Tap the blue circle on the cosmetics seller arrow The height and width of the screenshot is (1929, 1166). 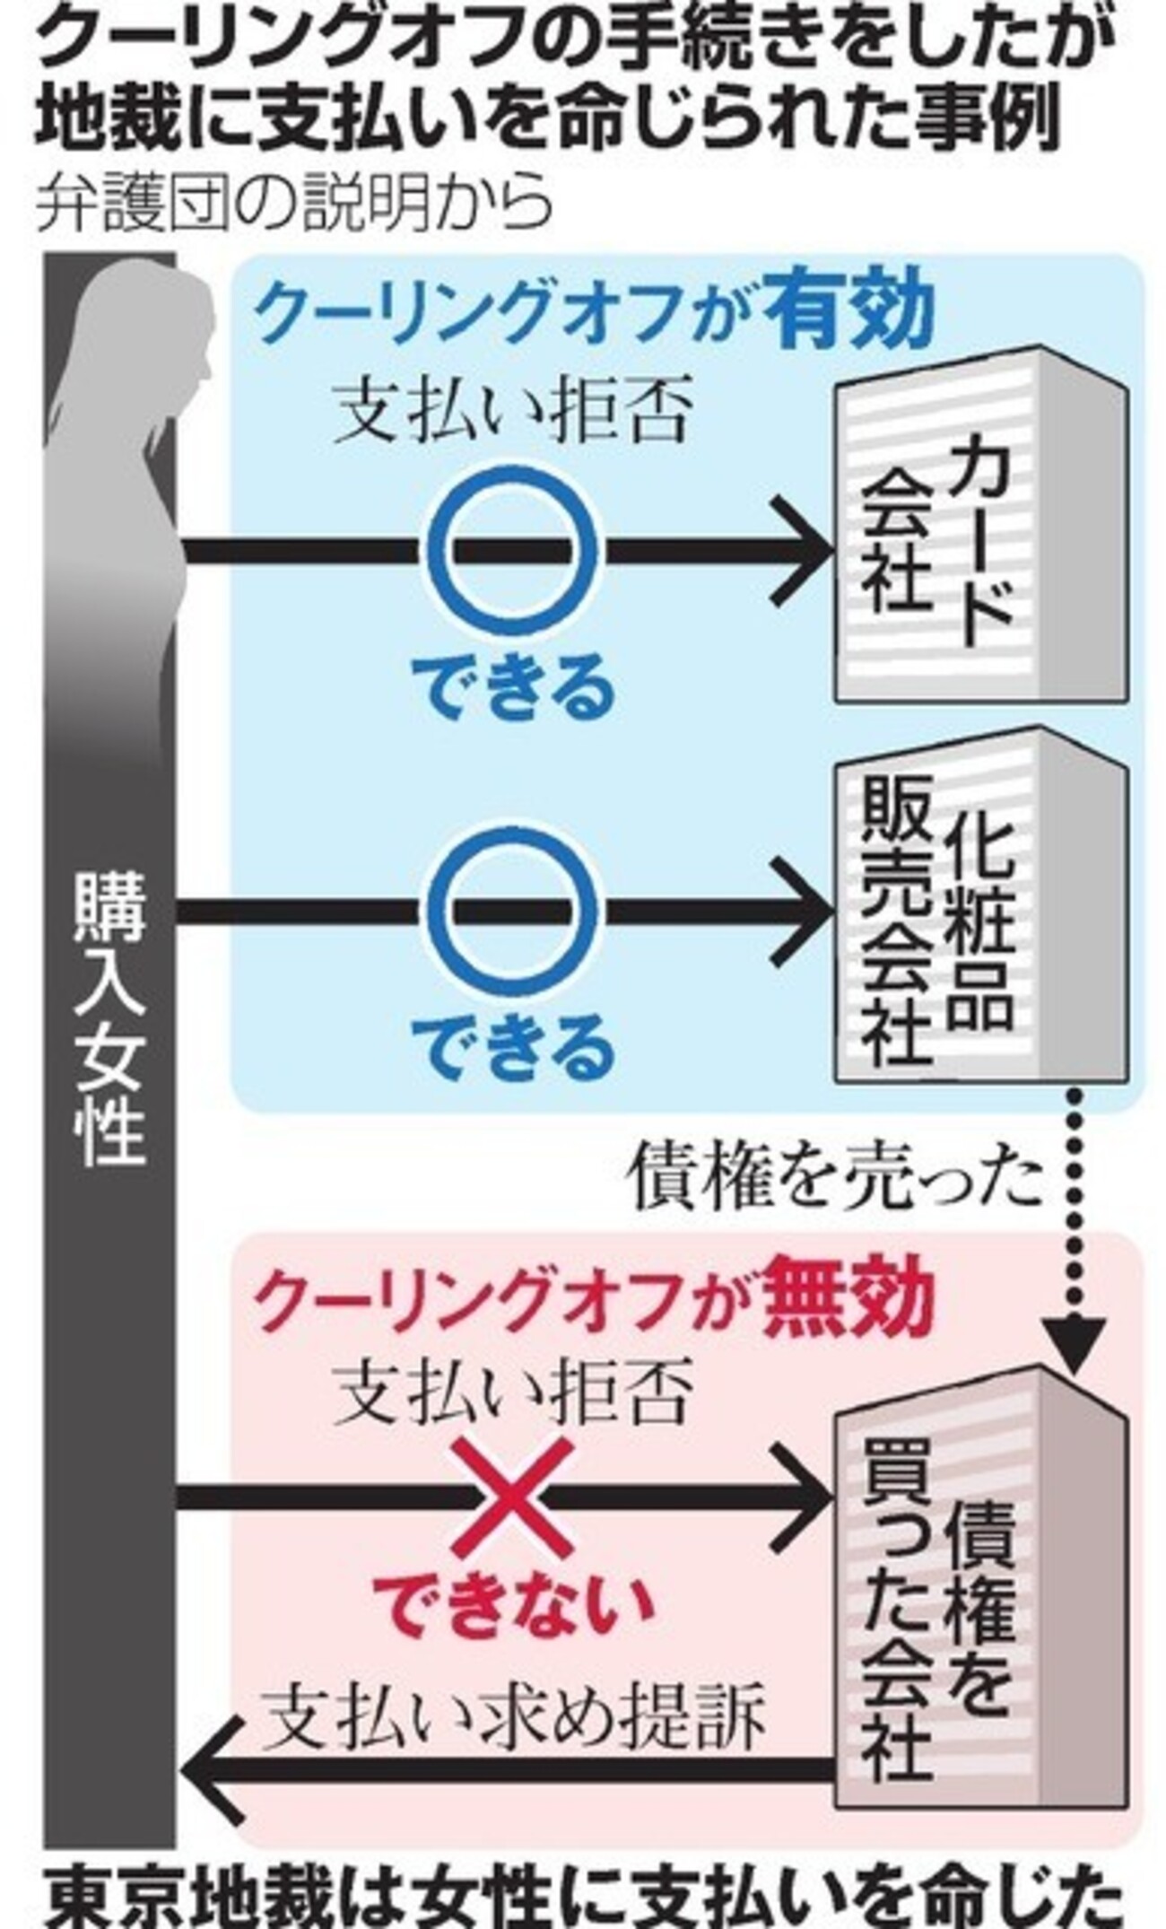510,910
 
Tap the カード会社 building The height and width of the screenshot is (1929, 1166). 978,538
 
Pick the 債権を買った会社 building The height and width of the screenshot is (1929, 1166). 978,1561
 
